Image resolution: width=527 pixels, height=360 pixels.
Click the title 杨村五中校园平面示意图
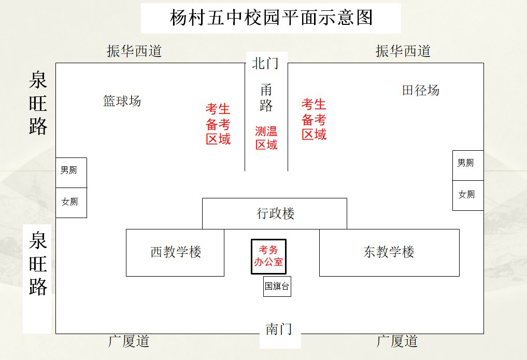pyautogui.click(x=271, y=18)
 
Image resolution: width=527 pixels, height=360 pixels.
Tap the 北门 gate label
pyautogui.click(x=266, y=63)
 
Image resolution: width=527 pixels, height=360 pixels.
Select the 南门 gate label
pyautogui.click(x=279, y=329)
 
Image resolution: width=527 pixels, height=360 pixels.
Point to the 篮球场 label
pyautogui.click(x=122, y=101)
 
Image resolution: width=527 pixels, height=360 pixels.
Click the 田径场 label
pyautogui.click(x=421, y=91)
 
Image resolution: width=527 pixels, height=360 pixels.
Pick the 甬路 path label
pyautogui.click(x=266, y=98)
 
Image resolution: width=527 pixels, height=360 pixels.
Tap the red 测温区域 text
pyautogui.click(x=266, y=138)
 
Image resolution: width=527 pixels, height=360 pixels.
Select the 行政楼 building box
pyautogui.click(x=274, y=213)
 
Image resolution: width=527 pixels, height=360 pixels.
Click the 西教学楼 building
pyautogui.click(x=175, y=253)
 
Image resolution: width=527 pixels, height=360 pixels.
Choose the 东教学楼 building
pyautogui.click(x=389, y=253)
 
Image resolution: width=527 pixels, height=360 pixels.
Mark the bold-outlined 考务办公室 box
pyautogui.click(x=268, y=256)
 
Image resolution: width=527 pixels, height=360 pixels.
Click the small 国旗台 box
pyautogui.click(x=277, y=286)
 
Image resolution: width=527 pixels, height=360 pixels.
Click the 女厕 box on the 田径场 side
pyautogui.click(x=467, y=195)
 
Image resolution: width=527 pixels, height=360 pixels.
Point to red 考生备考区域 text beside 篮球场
pyautogui.click(x=218, y=124)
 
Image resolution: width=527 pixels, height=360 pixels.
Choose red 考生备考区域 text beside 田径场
pyautogui.click(x=314, y=120)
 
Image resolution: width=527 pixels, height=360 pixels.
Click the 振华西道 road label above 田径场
pyautogui.click(x=403, y=51)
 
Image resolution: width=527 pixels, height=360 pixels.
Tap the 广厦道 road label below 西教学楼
pyautogui.click(x=129, y=341)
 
